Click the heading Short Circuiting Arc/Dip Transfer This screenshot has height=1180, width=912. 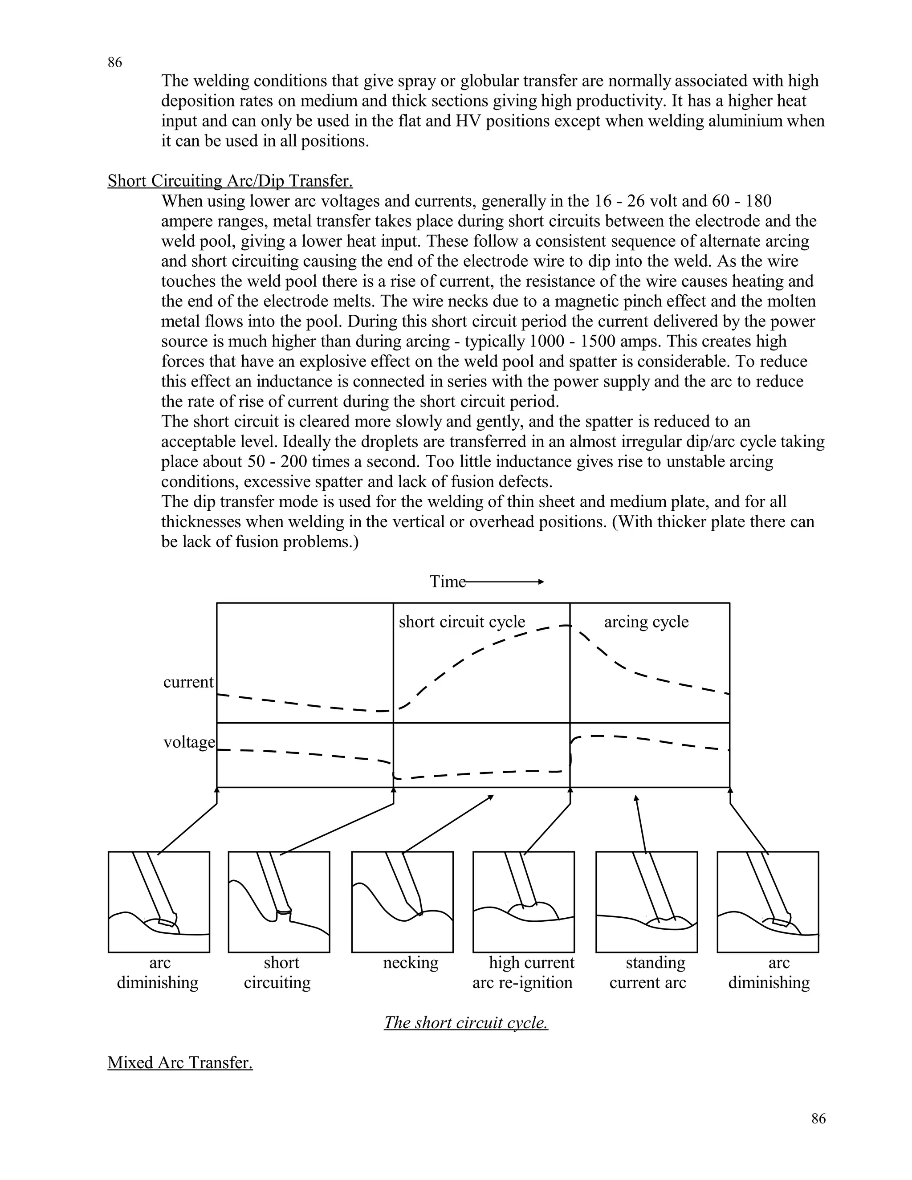(230, 181)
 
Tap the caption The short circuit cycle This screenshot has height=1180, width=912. (466, 1022)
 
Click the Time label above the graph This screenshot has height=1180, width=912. (448, 582)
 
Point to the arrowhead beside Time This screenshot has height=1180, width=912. (540, 582)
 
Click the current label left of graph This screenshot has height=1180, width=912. (188, 682)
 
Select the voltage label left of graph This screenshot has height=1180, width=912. (188, 742)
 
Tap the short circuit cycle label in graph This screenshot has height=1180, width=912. (461, 622)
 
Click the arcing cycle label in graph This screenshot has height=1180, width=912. (646, 622)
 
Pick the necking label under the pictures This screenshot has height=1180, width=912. (411, 962)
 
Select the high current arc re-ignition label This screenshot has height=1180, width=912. (522, 972)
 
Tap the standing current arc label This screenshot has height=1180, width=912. (648, 972)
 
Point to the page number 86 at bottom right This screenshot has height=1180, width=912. (818, 1119)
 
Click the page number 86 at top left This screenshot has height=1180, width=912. (114, 63)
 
